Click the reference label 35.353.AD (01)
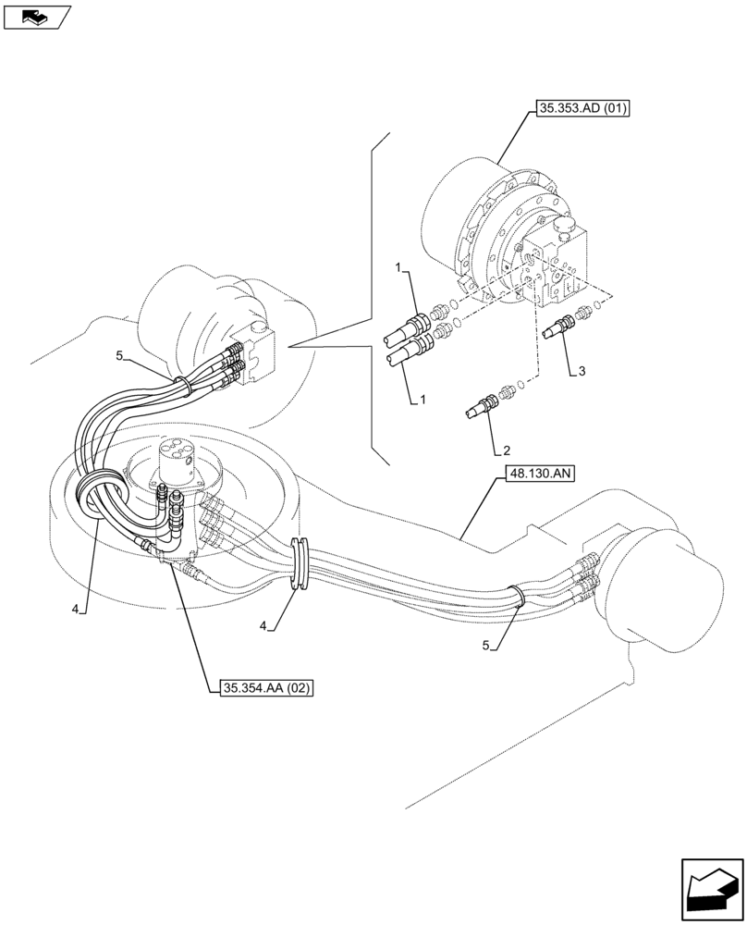coord(582,110)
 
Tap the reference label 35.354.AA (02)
coord(267,687)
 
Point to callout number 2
coord(507,451)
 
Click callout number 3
coord(581,371)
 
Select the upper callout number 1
coord(398,267)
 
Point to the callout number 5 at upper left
coord(119,355)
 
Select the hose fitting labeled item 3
coord(560,326)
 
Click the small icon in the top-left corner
coord(36,17)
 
